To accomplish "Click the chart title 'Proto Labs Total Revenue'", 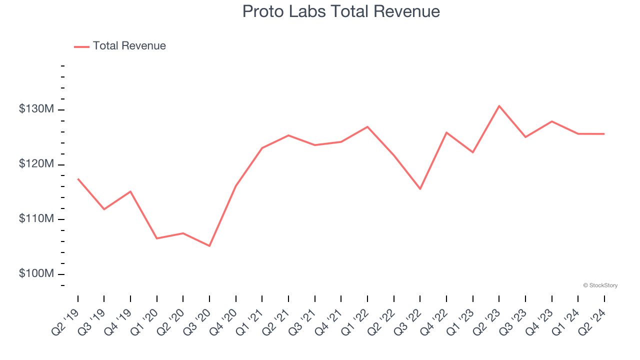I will pyautogui.click(x=341, y=11).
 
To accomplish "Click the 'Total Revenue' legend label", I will pyautogui.click(x=129, y=46).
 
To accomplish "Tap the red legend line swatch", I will pyautogui.click(x=81, y=46).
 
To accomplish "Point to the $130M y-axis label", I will pyautogui.click(x=36, y=109).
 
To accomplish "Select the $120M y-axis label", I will pyautogui.click(x=36, y=164).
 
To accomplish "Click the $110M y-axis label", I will pyautogui.click(x=36, y=219).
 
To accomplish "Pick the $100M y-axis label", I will pyautogui.click(x=36, y=274).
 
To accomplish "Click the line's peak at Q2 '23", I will pyautogui.click(x=499, y=106).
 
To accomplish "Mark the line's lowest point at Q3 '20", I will pyautogui.click(x=209, y=246).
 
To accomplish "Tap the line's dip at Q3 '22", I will pyautogui.click(x=420, y=189).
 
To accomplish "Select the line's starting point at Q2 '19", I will pyautogui.click(x=78, y=179).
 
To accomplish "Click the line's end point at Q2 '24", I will pyautogui.click(x=604, y=134).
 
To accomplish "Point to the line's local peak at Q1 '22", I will pyautogui.click(x=367, y=127).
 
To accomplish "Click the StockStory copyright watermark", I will pyautogui.click(x=600, y=285).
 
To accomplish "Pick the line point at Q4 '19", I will pyautogui.click(x=130, y=191).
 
